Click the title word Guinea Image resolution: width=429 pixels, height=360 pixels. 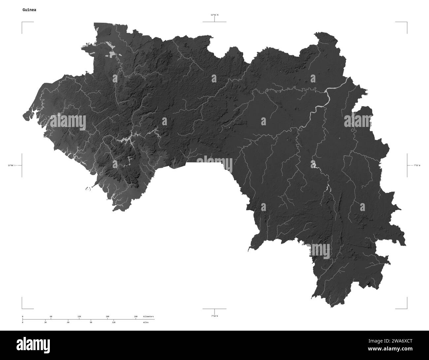tap(30, 10)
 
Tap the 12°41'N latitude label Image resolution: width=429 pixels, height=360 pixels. tap(214, 15)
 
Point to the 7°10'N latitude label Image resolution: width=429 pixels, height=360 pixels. tap(214, 316)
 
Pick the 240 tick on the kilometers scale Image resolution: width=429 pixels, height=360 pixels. tap(136, 316)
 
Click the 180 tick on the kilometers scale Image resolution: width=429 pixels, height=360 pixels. tap(107, 316)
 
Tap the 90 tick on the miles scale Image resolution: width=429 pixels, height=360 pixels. tap(91, 322)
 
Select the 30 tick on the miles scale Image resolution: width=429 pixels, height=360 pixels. tap(45, 322)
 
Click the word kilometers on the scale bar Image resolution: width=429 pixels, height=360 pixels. tap(148, 316)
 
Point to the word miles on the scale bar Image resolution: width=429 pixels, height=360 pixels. tap(146, 322)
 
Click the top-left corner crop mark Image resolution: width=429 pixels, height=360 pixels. tap(22, 22)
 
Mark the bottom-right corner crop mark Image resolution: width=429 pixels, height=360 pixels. tap(407, 308)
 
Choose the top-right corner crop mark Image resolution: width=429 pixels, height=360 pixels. tap(407, 22)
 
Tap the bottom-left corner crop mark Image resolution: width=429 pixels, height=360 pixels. tap(22, 308)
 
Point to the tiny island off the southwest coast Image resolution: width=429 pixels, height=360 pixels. tap(88, 189)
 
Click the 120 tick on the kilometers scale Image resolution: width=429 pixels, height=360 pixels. tap(79, 316)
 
